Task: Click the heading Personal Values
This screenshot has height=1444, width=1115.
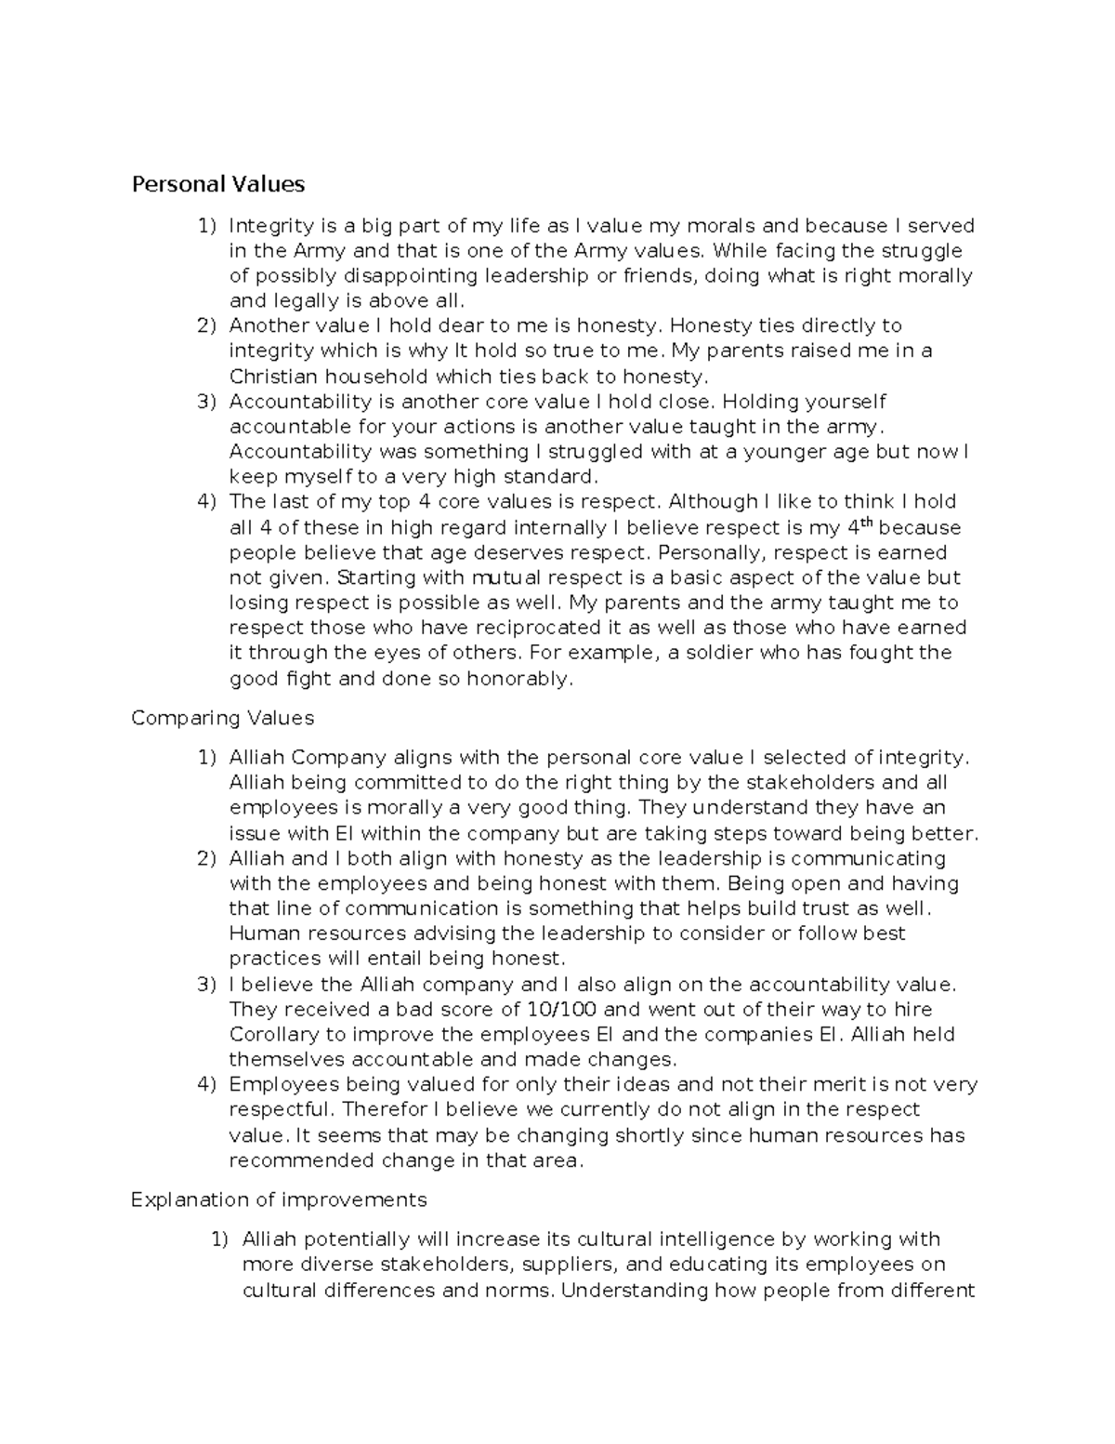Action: (x=218, y=184)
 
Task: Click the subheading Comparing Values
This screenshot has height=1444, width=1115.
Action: (x=223, y=719)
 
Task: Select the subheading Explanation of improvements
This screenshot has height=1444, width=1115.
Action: (x=279, y=1199)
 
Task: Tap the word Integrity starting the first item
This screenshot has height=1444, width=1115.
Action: (x=270, y=226)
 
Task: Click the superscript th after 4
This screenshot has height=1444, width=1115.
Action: (x=868, y=523)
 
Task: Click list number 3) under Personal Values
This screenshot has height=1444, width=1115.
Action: (x=206, y=402)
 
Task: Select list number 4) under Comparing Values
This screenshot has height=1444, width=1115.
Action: (x=206, y=1084)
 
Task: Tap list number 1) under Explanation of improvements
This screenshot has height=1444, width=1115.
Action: (x=218, y=1239)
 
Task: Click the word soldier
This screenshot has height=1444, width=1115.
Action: (x=720, y=653)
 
